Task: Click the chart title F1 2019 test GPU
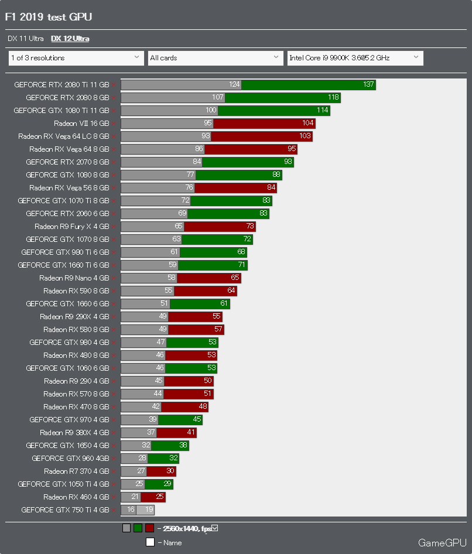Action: (49, 17)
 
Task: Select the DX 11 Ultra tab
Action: (26, 39)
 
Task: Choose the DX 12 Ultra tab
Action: (70, 39)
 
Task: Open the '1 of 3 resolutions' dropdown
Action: (76, 58)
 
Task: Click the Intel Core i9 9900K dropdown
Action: (355, 58)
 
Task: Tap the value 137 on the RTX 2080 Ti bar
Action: (368, 85)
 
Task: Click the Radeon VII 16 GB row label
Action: (81, 124)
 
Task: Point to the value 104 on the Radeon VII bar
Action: (308, 124)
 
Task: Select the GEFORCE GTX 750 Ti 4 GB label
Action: (65, 510)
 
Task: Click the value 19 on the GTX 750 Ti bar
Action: (149, 510)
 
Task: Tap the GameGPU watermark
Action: (442, 543)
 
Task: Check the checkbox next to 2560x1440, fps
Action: (215, 528)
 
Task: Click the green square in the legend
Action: (138, 528)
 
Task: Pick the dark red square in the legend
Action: (149, 528)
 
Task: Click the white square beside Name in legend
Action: (150, 542)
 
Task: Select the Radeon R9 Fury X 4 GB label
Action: (72, 227)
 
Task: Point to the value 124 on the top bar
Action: (235, 85)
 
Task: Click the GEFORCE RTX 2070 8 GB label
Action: (67, 162)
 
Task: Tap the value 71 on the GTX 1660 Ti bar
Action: (241, 265)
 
